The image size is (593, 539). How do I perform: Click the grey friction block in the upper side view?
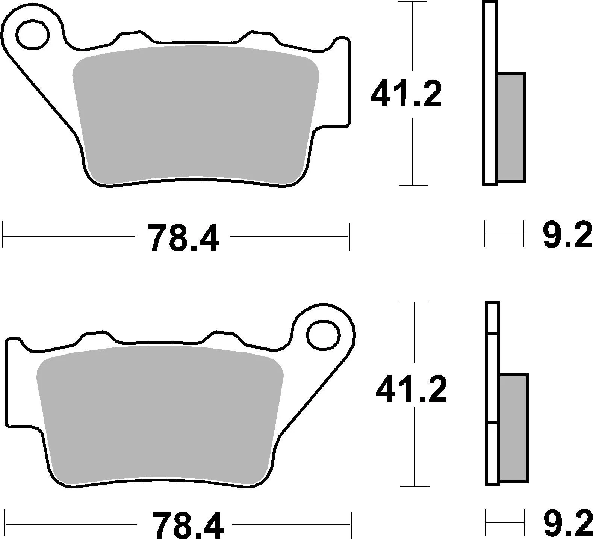511,128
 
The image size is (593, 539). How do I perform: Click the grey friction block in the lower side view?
514,428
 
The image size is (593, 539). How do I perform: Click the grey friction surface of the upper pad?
195,113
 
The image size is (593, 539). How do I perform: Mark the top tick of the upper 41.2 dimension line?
413,2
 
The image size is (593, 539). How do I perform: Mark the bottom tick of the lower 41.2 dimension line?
414,486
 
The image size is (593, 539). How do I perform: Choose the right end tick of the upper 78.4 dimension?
349,237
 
